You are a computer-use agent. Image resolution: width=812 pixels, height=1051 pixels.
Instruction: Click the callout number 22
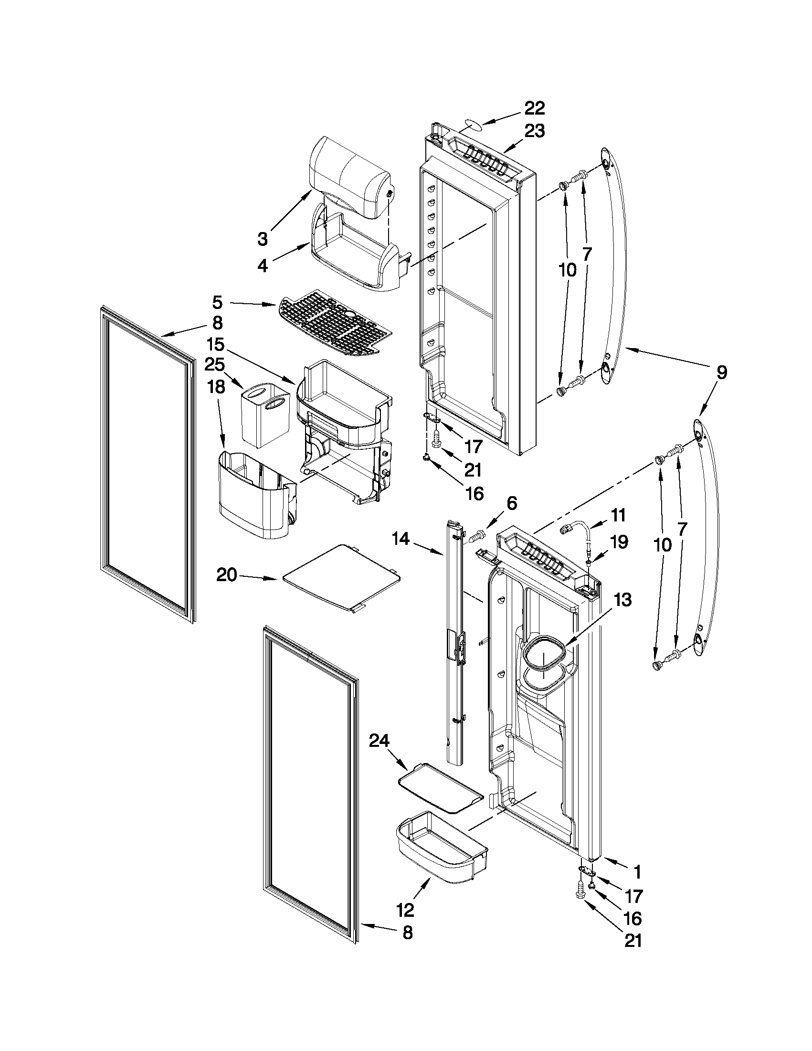pyautogui.click(x=534, y=109)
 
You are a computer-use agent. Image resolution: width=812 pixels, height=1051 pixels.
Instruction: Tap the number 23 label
pyautogui.click(x=534, y=131)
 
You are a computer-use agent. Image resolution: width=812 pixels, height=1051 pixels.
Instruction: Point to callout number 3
pyautogui.click(x=262, y=239)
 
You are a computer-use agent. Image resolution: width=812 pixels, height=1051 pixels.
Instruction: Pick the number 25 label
pyautogui.click(x=214, y=365)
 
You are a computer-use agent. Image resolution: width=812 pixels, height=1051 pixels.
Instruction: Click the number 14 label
pyautogui.click(x=400, y=540)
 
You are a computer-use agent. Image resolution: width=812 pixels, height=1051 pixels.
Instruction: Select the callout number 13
pyautogui.click(x=622, y=600)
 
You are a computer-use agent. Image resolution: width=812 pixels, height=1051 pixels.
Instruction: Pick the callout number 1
pyautogui.click(x=637, y=871)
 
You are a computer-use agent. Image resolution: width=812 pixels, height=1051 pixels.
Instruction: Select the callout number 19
pyautogui.click(x=619, y=542)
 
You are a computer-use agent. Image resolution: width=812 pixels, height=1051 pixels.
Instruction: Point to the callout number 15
pyautogui.click(x=215, y=345)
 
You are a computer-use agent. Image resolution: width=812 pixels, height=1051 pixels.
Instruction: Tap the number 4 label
pyautogui.click(x=262, y=266)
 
